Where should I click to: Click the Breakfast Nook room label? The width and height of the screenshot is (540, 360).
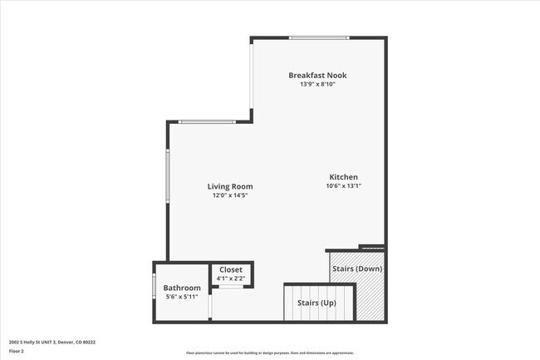click(x=317, y=76)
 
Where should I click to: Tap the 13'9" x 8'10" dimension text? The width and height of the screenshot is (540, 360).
click(x=317, y=84)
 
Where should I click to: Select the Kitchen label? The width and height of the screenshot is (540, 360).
click(x=343, y=177)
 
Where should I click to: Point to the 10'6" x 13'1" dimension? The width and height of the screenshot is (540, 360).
click(x=343, y=186)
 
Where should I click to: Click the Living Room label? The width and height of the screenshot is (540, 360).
click(x=230, y=186)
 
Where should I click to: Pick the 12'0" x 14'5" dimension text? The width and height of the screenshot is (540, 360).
click(x=230, y=195)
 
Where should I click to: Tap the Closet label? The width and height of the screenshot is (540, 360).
click(x=231, y=270)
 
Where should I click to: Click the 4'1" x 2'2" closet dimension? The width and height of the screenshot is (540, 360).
click(x=231, y=279)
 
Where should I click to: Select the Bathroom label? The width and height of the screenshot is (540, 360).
click(x=181, y=288)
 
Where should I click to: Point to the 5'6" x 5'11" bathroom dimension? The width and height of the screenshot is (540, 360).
click(x=181, y=297)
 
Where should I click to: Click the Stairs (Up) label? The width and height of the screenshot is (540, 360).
click(x=317, y=303)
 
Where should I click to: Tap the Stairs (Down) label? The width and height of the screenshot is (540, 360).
click(x=357, y=269)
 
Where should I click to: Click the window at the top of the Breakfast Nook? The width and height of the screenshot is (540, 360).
click(x=318, y=37)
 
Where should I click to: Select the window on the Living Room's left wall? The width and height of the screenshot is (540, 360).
click(x=168, y=175)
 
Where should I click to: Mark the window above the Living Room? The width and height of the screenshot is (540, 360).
click(x=206, y=123)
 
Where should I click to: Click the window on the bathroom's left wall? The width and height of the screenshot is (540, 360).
click(x=154, y=286)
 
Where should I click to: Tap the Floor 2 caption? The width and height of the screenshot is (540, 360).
click(x=17, y=352)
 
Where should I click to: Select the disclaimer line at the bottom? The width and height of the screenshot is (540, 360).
click(x=269, y=353)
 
